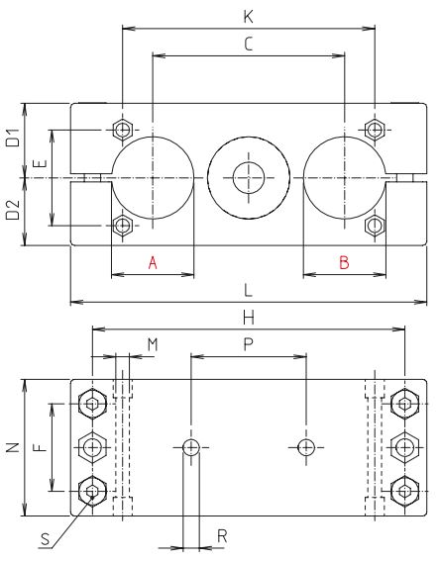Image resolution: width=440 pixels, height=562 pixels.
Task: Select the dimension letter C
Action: click(x=247, y=44)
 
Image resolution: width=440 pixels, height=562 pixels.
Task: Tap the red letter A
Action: click(x=152, y=262)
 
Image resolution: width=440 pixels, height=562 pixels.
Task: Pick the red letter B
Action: click(x=344, y=262)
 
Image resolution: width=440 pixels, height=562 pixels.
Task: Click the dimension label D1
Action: click(x=13, y=139)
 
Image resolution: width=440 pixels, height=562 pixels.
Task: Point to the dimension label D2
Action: click(x=13, y=211)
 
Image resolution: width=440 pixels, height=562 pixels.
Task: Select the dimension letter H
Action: click(x=247, y=317)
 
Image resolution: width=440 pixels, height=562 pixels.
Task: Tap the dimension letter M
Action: click(x=152, y=343)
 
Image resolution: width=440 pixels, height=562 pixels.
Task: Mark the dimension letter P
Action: click(x=247, y=343)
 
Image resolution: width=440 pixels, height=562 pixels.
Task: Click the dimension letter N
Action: click(x=12, y=447)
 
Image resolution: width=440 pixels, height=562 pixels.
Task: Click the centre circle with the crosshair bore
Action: click(x=247, y=178)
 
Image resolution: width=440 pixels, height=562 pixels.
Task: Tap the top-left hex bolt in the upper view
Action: click(x=122, y=131)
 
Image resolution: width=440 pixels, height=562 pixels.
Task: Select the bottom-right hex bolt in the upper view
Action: click(x=375, y=226)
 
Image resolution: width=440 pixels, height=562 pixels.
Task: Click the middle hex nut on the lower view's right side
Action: click(x=403, y=447)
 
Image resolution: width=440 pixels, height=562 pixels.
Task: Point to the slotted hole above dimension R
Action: click(x=191, y=447)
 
